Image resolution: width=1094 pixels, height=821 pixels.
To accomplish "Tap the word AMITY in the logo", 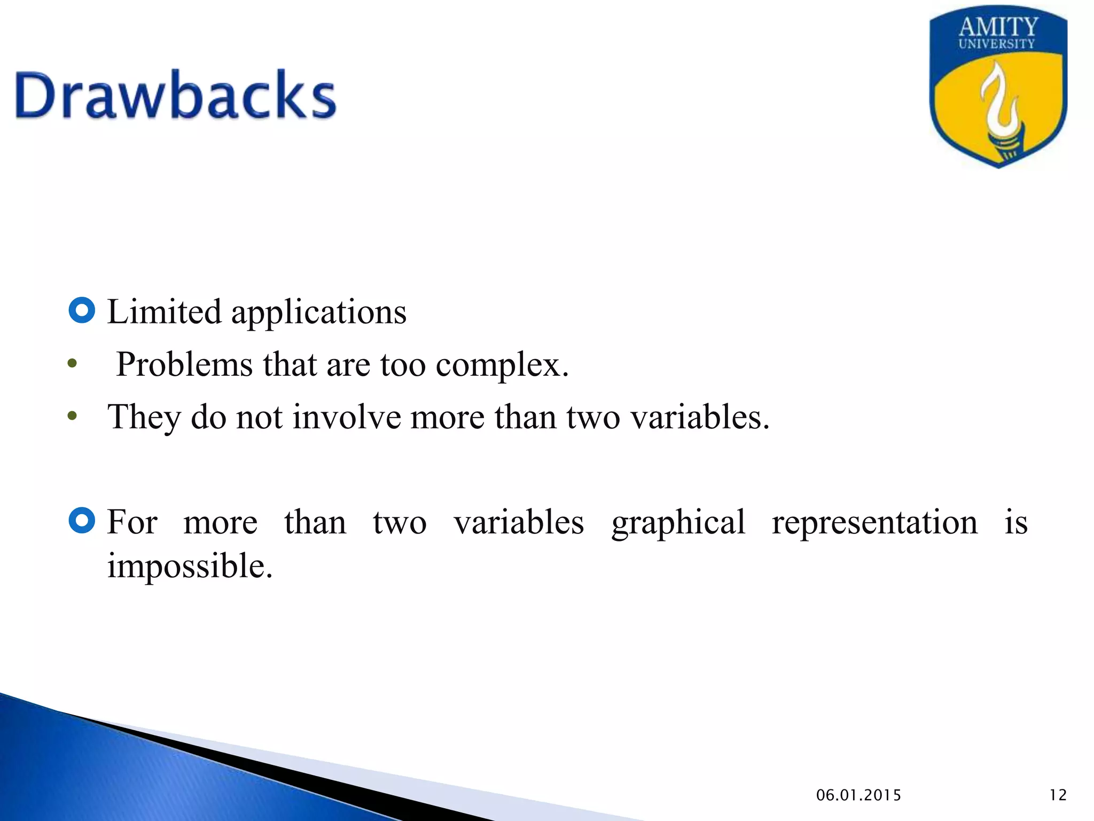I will click(998, 27).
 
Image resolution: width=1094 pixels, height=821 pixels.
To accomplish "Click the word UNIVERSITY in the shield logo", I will click(996, 44).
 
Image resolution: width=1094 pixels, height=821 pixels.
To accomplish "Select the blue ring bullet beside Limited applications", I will click(82, 311).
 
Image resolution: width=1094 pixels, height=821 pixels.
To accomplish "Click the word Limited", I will click(164, 312).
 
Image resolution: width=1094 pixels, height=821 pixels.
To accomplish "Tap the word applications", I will click(318, 313).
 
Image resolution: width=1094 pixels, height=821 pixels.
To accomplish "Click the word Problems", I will click(184, 365).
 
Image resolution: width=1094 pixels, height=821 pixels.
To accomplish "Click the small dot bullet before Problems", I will click(73, 365).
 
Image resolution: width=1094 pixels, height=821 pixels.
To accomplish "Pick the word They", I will click(144, 417).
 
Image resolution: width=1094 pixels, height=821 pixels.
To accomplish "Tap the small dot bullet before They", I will click(73, 416).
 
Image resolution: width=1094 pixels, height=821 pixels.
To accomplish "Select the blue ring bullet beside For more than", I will click(82, 520).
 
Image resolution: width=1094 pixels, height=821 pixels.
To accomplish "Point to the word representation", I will click(874, 522).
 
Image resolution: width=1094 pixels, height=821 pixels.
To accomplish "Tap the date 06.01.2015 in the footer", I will click(858, 795).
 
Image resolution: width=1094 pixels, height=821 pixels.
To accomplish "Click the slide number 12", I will click(1058, 795).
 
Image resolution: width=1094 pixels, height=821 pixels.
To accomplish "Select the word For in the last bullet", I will click(132, 522).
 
